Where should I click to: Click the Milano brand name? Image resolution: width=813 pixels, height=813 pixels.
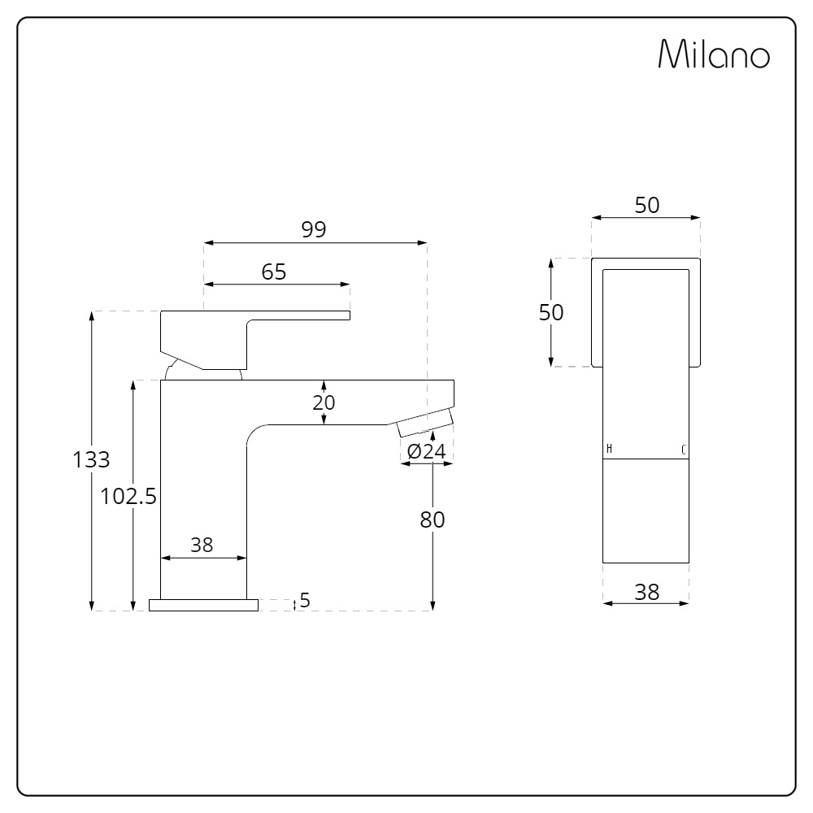point(714,54)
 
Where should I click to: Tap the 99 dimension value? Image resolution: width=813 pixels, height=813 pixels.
point(314,229)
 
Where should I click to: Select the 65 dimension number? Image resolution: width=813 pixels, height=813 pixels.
point(274,272)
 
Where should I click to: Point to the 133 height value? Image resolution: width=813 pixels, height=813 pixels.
point(91,459)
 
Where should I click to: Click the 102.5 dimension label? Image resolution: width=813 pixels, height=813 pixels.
point(128,496)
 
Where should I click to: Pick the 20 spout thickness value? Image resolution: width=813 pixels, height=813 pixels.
point(324,402)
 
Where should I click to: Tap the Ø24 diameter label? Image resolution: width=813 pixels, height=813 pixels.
point(426,451)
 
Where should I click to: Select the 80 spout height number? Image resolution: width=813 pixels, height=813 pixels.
point(433,520)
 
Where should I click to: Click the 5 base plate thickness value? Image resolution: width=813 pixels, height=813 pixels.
point(305,600)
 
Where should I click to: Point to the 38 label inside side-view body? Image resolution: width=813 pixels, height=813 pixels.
point(202,545)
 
